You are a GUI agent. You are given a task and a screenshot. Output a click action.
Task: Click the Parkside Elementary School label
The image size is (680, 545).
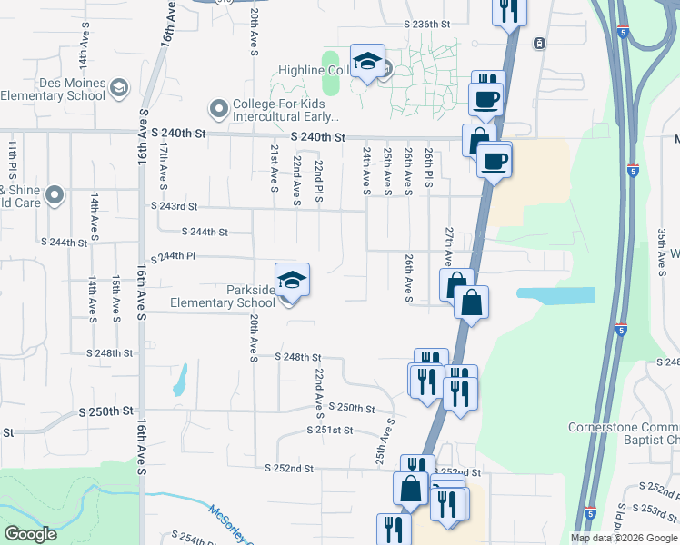click(x=223, y=297)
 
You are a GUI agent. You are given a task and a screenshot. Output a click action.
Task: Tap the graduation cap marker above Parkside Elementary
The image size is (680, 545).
click(x=292, y=281)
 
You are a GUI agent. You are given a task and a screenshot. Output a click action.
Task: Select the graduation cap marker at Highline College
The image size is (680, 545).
click(x=366, y=62)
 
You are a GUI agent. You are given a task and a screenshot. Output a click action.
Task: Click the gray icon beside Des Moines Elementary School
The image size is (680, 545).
click(x=119, y=89)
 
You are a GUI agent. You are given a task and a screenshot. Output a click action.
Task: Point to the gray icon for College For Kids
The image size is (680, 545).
click(x=218, y=109)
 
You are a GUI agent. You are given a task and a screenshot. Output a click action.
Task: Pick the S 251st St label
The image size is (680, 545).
click(x=329, y=430)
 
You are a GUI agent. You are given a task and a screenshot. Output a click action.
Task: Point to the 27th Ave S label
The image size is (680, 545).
click(x=448, y=246)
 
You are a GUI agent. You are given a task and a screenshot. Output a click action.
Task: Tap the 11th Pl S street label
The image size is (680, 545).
click(x=13, y=160)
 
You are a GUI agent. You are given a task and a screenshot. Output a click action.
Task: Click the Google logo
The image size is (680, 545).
click(x=30, y=533)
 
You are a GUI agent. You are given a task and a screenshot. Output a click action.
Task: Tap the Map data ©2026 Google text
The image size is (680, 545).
click(x=623, y=538)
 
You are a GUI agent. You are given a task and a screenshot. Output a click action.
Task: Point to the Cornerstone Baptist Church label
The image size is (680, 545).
click(x=624, y=434)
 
